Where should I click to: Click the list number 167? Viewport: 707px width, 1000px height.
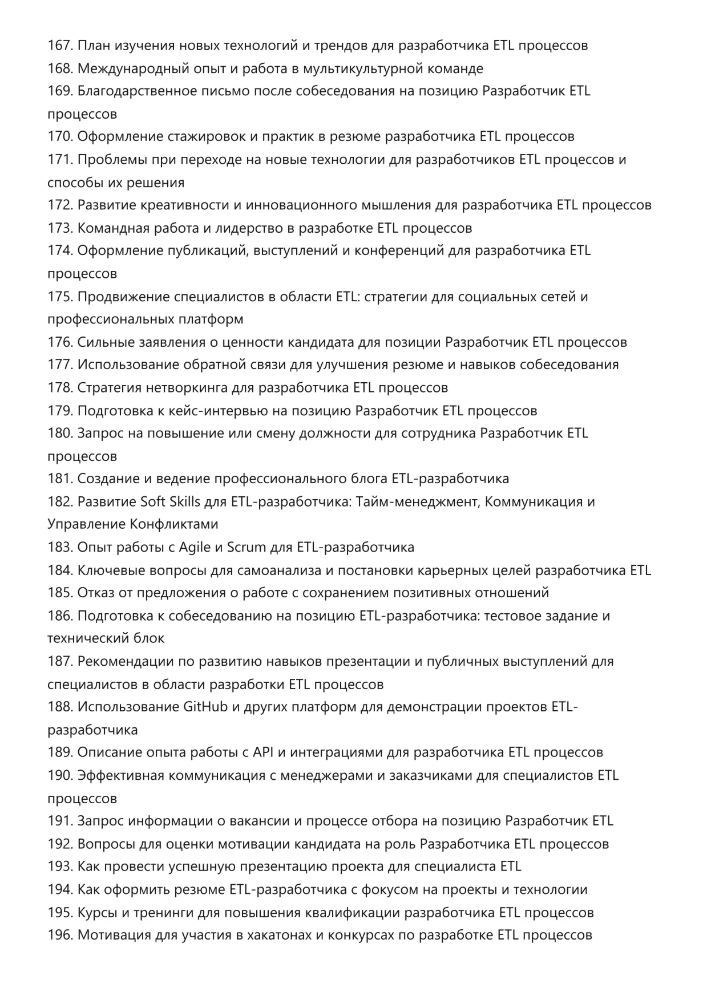click(60, 46)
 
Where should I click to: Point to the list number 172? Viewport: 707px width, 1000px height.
click(60, 205)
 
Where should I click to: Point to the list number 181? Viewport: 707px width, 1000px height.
click(60, 479)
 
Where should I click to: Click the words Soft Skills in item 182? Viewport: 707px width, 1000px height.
click(170, 501)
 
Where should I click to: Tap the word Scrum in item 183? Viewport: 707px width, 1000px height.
click(247, 547)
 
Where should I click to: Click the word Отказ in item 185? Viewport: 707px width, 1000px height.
click(96, 593)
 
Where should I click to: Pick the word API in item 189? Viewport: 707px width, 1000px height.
click(263, 752)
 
